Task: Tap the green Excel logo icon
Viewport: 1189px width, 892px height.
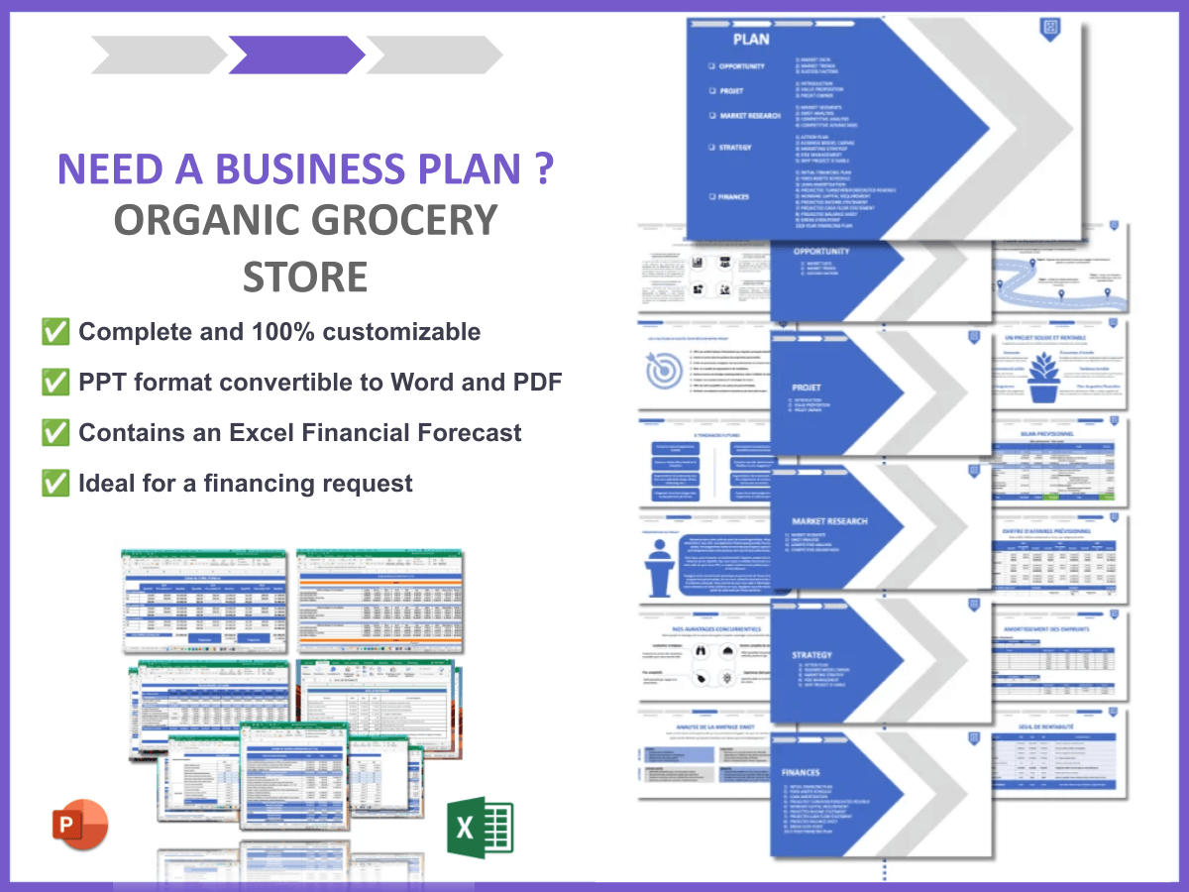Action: [480, 826]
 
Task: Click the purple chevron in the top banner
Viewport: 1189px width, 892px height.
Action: [296, 55]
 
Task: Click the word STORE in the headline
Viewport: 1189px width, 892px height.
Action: [305, 277]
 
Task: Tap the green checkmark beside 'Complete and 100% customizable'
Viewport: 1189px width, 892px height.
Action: [54, 332]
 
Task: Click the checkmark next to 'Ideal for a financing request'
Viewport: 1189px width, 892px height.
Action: [54, 484]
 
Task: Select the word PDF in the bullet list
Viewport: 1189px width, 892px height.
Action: [536, 382]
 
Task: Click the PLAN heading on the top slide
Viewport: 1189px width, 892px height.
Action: [750, 40]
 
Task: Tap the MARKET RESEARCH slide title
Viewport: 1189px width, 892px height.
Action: [829, 521]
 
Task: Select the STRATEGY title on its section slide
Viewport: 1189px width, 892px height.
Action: [812, 655]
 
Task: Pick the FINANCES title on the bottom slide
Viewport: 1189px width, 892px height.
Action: [801, 772]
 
